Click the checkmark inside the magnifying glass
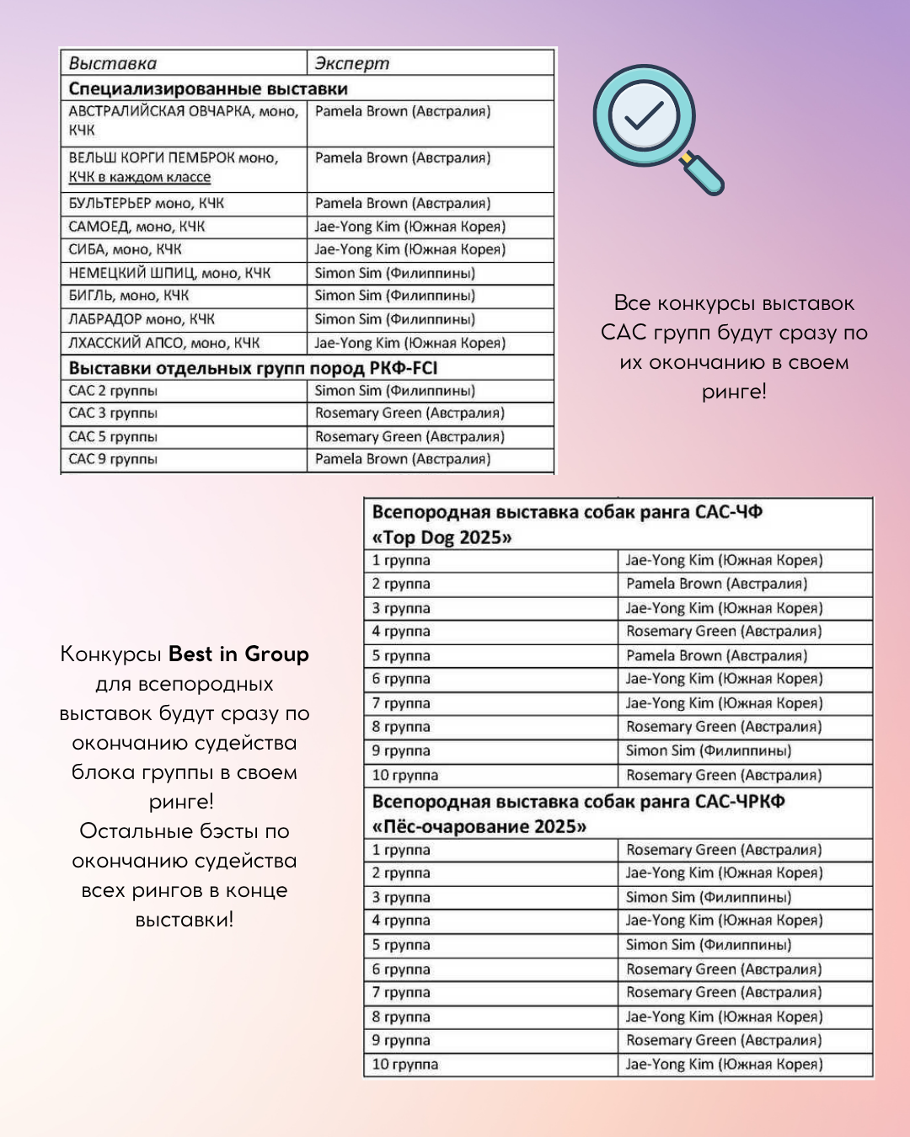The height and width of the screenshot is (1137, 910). coord(645,115)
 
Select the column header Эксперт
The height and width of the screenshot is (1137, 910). coord(352,63)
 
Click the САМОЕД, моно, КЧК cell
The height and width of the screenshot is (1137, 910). coord(136,227)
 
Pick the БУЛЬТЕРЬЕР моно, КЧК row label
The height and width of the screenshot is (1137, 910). coord(147,203)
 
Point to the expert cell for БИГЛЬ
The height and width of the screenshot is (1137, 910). coord(394,296)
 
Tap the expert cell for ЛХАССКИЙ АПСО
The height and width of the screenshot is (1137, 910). coord(409,343)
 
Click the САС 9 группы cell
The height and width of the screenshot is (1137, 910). coord(113,459)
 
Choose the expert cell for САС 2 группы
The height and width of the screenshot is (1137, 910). coord(394,391)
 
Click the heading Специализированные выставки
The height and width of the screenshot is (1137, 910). coord(208,88)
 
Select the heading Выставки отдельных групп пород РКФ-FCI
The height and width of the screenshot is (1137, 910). coord(253,368)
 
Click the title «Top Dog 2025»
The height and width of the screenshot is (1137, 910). coord(442,537)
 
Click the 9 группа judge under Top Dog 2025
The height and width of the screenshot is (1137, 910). coord(708,750)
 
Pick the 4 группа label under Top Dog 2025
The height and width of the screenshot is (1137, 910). coord(401,631)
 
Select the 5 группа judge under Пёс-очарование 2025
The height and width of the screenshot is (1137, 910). coord(708,945)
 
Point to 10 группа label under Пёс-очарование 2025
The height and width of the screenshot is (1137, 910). coord(405,1065)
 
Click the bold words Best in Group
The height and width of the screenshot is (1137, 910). coord(238,654)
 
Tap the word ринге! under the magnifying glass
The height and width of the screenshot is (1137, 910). coord(734,392)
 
